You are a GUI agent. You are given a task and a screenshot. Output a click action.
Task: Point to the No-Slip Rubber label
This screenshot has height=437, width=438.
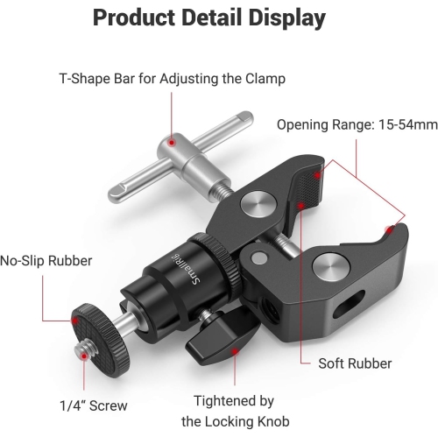[46, 260]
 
